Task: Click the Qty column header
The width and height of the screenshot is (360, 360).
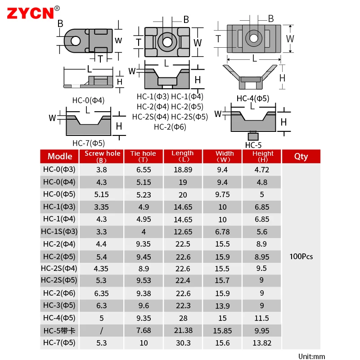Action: tap(301, 157)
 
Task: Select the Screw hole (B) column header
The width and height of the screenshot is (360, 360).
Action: tap(102, 157)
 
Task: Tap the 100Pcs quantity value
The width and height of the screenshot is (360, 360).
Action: tap(301, 256)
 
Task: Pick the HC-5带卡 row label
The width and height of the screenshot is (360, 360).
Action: tap(59, 331)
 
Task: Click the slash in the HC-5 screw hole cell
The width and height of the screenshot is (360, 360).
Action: tap(102, 331)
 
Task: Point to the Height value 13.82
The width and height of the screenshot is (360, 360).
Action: tap(262, 343)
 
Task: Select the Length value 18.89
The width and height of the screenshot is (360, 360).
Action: tap(183, 170)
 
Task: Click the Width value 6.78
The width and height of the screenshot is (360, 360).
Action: tap(222, 232)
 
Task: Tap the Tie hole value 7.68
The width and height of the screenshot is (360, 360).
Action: tap(144, 330)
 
